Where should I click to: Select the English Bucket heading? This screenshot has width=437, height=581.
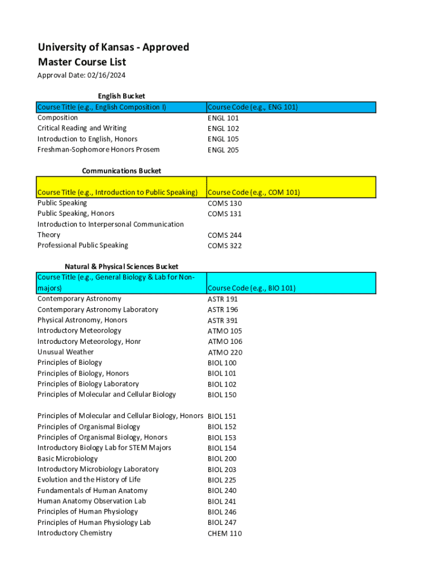click(121, 96)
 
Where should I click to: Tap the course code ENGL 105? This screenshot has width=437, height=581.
click(223, 139)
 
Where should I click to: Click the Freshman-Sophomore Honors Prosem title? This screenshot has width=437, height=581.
click(98, 150)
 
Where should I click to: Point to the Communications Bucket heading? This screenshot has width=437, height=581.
click(121, 171)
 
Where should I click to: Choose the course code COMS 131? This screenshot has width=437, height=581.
click(225, 214)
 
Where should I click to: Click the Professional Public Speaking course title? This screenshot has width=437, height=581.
click(83, 245)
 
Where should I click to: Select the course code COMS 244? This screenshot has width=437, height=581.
click(225, 235)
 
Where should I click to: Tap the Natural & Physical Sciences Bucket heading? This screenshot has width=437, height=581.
click(121, 267)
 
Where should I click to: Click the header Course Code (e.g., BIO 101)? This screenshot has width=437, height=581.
click(251, 288)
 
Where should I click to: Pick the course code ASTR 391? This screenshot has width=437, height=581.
click(222, 321)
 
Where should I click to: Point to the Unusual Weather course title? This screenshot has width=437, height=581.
click(65, 352)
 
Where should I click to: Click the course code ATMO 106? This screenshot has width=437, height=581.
click(225, 342)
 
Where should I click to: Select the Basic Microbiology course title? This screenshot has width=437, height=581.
click(68, 458)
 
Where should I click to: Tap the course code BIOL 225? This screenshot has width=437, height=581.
click(222, 480)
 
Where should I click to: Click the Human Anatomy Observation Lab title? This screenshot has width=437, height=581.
click(91, 501)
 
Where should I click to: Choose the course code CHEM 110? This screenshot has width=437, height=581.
click(224, 533)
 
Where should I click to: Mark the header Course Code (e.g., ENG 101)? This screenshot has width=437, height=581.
click(253, 107)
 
